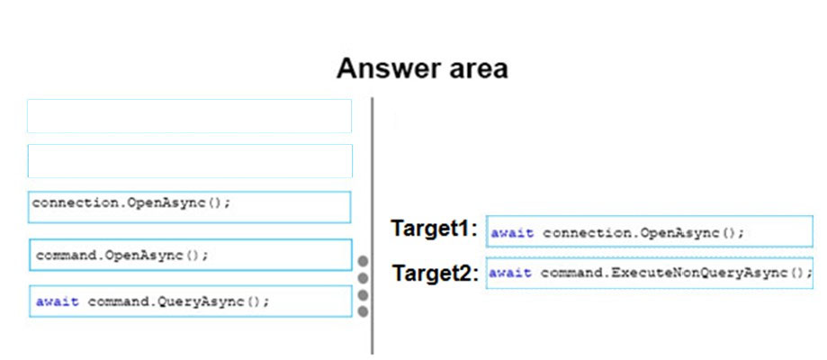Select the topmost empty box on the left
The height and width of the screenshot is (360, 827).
[x=189, y=115]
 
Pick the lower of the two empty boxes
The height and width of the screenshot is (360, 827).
[x=190, y=161]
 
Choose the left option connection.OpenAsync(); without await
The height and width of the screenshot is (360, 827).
[x=189, y=207]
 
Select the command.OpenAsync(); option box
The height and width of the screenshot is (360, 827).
[x=191, y=255]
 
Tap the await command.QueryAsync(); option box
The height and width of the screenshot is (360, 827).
[x=191, y=301]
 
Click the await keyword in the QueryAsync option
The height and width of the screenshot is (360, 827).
[x=58, y=301]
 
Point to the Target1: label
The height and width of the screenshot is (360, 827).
[x=434, y=229]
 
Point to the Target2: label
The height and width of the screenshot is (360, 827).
[x=436, y=274]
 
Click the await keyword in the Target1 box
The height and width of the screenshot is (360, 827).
[x=512, y=233]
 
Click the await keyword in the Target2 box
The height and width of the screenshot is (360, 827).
[x=510, y=273]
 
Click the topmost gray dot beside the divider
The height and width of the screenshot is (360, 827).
[x=363, y=261]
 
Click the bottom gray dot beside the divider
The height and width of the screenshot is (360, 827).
[x=363, y=311]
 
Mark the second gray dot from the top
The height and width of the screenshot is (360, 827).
[x=363, y=278]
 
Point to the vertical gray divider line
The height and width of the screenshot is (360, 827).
[x=373, y=226]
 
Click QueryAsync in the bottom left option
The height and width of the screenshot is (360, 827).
[x=207, y=301]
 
